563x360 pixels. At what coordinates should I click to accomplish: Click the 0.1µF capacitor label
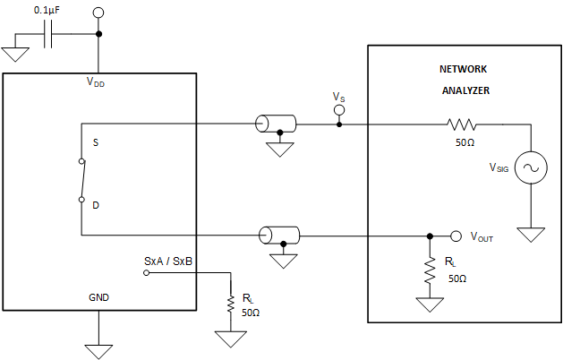49,9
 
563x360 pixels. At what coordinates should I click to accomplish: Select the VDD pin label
97,81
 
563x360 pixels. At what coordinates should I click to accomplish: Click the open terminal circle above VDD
98,13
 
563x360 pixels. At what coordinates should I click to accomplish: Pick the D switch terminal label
96,205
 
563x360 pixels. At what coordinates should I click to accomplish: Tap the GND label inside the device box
98,296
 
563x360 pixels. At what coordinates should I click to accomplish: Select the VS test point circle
338,110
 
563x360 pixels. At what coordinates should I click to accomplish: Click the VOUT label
482,238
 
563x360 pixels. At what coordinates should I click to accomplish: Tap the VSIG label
499,167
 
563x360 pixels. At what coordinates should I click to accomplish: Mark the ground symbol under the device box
98,349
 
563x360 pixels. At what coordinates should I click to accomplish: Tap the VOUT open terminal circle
456,236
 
